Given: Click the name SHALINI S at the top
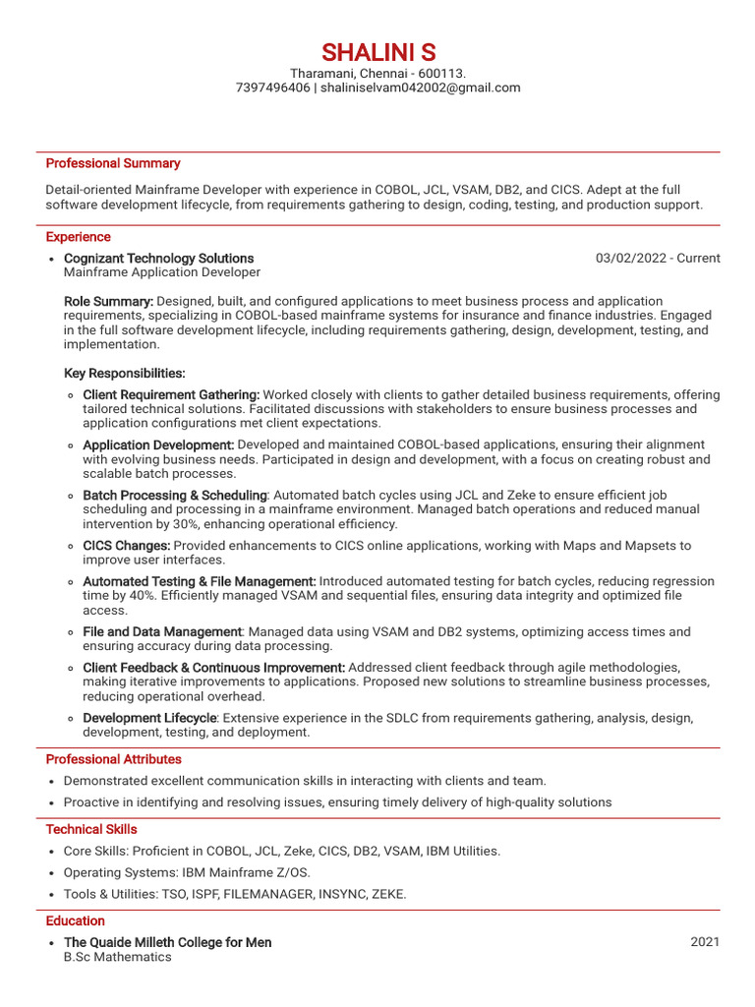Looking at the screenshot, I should point(377,52).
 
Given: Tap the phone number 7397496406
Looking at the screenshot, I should point(272,88).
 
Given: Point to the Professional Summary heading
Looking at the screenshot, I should point(113,163).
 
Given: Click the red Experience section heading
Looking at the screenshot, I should point(79,237).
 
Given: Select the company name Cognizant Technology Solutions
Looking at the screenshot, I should point(158,258).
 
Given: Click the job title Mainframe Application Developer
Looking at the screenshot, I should point(162,272).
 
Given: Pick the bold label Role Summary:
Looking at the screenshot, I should point(108,301).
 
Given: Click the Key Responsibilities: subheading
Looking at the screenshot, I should point(124,374).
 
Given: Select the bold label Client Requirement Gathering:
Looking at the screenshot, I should point(171,394).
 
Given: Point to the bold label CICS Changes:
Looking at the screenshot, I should point(127,546).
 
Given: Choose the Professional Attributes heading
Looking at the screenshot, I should point(113,759).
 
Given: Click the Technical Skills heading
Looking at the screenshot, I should point(91,829).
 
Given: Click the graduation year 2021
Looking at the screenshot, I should point(705,942).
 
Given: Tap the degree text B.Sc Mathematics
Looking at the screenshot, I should point(117,957).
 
